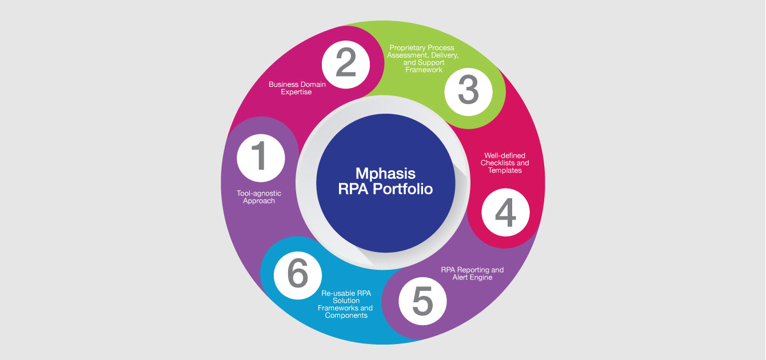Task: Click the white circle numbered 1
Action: [x=261, y=158]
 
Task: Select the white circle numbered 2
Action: [x=346, y=65]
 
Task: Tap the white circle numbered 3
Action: [x=469, y=91]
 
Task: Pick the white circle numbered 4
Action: [x=505, y=213]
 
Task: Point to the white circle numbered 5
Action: [x=422, y=301]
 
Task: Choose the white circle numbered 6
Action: [x=298, y=275]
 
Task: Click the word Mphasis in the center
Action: [x=385, y=174]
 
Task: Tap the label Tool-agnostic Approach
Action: [x=259, y=197]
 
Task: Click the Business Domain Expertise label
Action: [x=297, y=88]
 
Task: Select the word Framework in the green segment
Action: [x=424, y=70]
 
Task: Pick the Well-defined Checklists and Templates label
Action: [x=505, y=163]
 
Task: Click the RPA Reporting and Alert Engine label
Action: [x=472, y=274]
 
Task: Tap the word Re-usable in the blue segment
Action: [x=337, y=293]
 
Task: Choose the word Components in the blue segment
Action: [x=346, y=315]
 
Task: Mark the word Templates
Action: [x=505, y=170]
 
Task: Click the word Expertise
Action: [x=296, y=92]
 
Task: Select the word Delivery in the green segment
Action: [x=445, y=55]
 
